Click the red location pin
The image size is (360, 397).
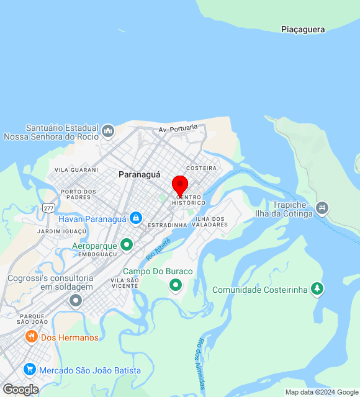click(180, 185)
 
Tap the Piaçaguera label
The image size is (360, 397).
click(304, 29)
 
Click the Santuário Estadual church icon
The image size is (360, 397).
click(108, 130)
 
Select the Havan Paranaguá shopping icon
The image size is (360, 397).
click(135, 218)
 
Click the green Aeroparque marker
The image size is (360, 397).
click(127, 245)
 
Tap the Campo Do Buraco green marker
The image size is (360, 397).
click(176, 285)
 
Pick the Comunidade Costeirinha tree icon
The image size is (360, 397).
click(317, 289)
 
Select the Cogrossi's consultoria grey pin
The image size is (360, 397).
click(76, 301)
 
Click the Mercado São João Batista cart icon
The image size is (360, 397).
click(29, 370)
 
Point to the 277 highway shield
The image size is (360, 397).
click(48, 208)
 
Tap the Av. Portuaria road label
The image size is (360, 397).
click(178, 128)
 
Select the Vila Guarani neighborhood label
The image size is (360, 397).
click(76, 169)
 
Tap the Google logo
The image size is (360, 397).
click(20, 390)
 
